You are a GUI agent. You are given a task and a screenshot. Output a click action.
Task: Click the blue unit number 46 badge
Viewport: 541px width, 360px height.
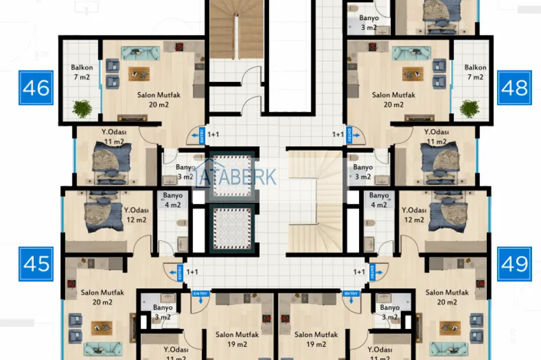[x=36, y=87]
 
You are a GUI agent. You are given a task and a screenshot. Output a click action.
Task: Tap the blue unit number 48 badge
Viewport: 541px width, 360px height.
[x=514, y=87]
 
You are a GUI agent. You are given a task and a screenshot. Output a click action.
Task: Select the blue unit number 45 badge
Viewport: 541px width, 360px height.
[x=36, y=263]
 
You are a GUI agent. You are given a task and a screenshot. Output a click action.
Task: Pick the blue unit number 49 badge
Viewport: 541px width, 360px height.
[x=514, y=263]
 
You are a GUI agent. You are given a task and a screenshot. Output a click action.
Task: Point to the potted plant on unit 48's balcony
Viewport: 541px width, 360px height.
[x=470, y=109]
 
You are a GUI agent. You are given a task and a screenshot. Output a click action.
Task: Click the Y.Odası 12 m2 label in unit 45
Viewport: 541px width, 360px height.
[x=136, y=215]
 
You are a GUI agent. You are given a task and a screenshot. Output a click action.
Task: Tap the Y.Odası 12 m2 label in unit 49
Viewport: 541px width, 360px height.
[x=414, y=215]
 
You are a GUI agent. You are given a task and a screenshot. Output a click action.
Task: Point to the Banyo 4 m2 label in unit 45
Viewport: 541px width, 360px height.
[x=172, y=200]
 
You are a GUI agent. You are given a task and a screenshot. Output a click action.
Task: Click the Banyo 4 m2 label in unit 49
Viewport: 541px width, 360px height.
[x=379, y=200]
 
